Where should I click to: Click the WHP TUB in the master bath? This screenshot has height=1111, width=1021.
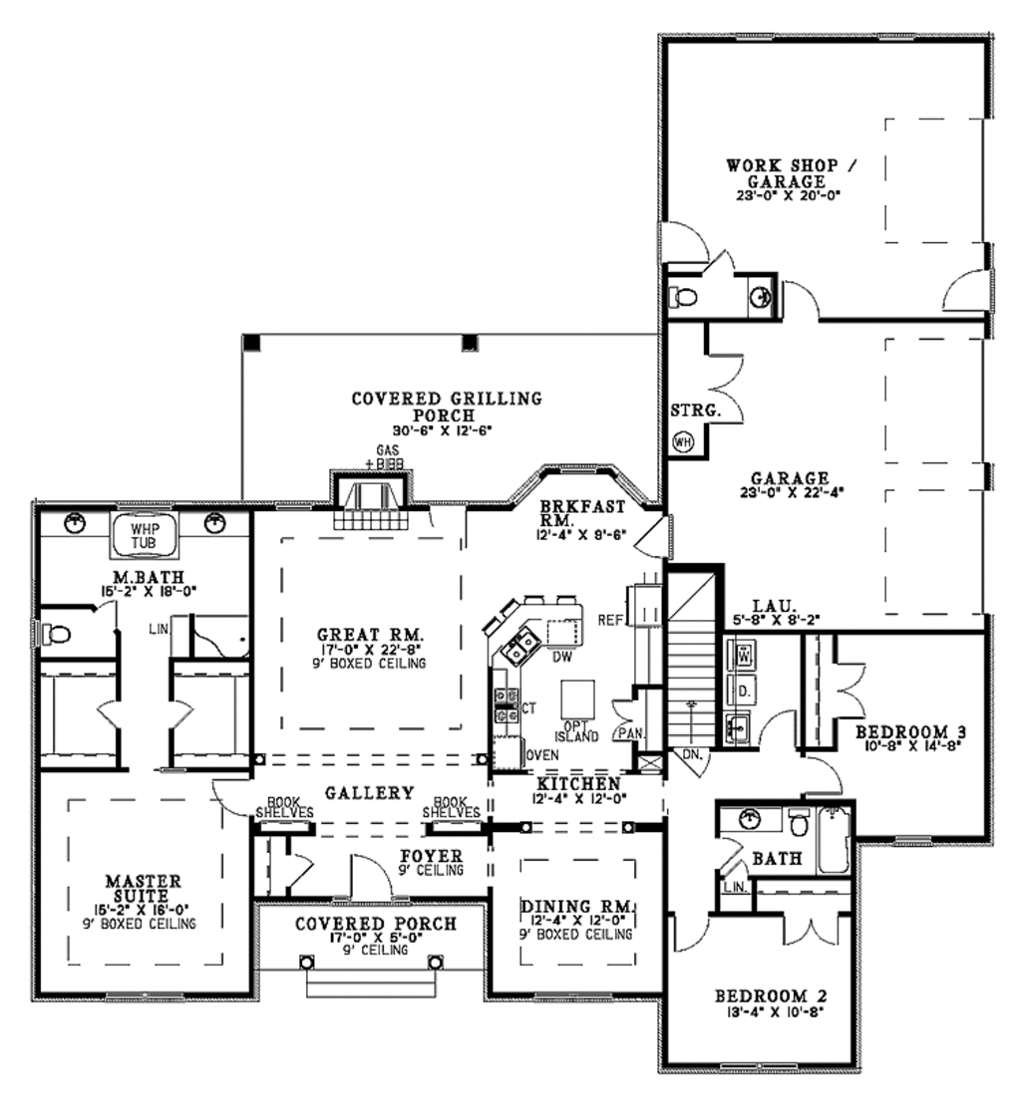[x=146, y=535]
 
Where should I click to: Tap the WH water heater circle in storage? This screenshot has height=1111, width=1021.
[x=684, y=441]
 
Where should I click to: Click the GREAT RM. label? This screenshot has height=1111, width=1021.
[x=371, y=634]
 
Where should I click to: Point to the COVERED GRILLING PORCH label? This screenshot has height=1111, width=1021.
[x=447, y=407]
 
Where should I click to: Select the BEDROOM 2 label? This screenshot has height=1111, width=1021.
[x=772, y=995]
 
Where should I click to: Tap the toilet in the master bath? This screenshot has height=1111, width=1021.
[x=58, y=633]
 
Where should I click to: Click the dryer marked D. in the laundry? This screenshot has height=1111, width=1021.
[x=744, y=689]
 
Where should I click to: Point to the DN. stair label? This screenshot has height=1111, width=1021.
[x=693, y=756]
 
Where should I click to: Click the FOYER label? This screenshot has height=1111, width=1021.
[x=431, y=856]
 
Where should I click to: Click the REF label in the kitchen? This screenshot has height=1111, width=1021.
[x=609, y=620]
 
